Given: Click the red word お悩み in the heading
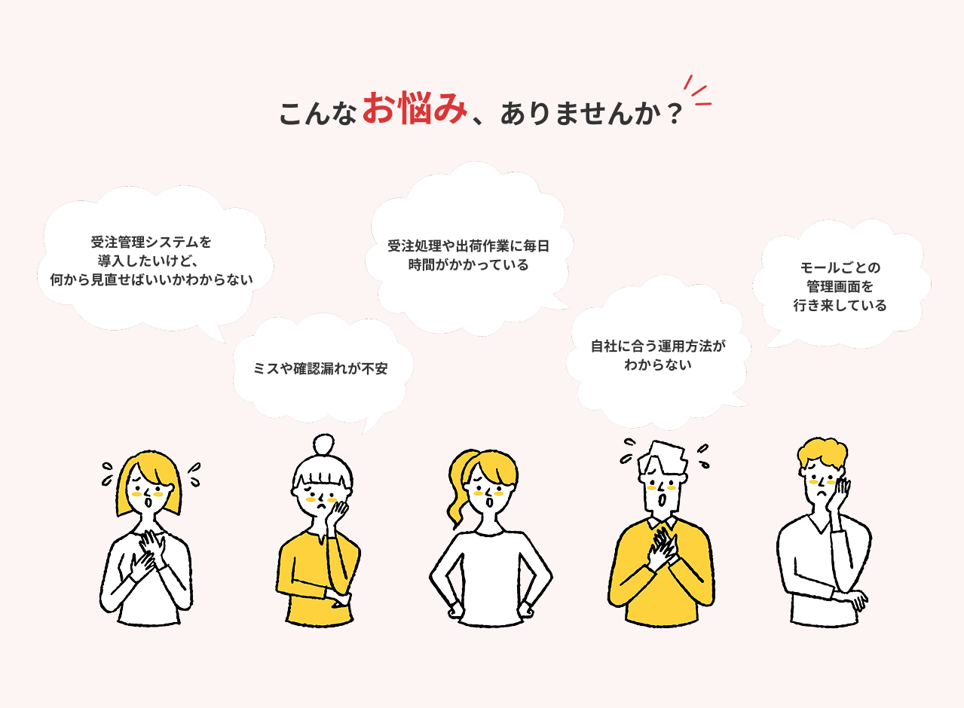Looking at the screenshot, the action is pyautogui.click(x=415, y=108).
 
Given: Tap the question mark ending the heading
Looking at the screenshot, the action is pyautogui.click(x=675, y=114).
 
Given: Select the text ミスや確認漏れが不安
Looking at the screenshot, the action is pyautogui.click(x=320, y=368).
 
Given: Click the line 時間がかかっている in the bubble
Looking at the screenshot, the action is pyautogui.click(x=468, y=265).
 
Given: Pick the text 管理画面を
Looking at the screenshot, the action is pyautogui.click(x=840, y=286).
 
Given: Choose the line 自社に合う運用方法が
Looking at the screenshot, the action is pyautogui.click(x=658, y=346).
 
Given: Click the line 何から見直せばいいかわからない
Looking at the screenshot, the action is pyautogui.click(x=151, y=280).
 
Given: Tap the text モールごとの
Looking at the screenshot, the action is pyautogui.click(x=840, y=267).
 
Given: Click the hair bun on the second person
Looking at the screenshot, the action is pyautogui.click(x=323, y=444).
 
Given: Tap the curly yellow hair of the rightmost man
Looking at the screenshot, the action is pyautogui.click(x=823, y=453).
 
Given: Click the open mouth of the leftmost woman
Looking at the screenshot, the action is pyautogui.click(x=148, y=502).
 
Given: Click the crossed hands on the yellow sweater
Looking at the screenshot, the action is pyautogui.click(x=662, y=550).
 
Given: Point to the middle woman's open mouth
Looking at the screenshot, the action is pyautogui.click(x=488, y=502).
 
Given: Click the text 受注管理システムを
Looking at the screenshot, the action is pyautogui.click(x=151, y=243).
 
